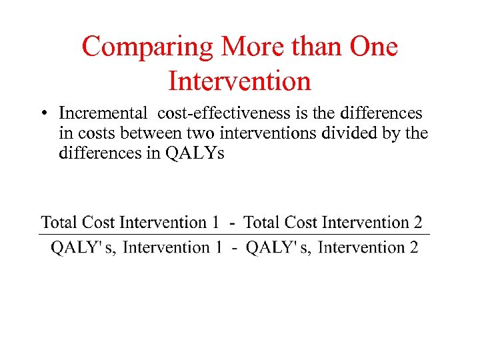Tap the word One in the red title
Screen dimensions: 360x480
point(369,47)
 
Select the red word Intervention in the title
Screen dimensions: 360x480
point(240,81)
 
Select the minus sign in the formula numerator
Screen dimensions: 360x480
point(231,223)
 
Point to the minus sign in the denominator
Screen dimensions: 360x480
point(234,248)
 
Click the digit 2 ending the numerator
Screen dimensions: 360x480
point(417,223)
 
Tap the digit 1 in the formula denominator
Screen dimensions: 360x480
point(217,248)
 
